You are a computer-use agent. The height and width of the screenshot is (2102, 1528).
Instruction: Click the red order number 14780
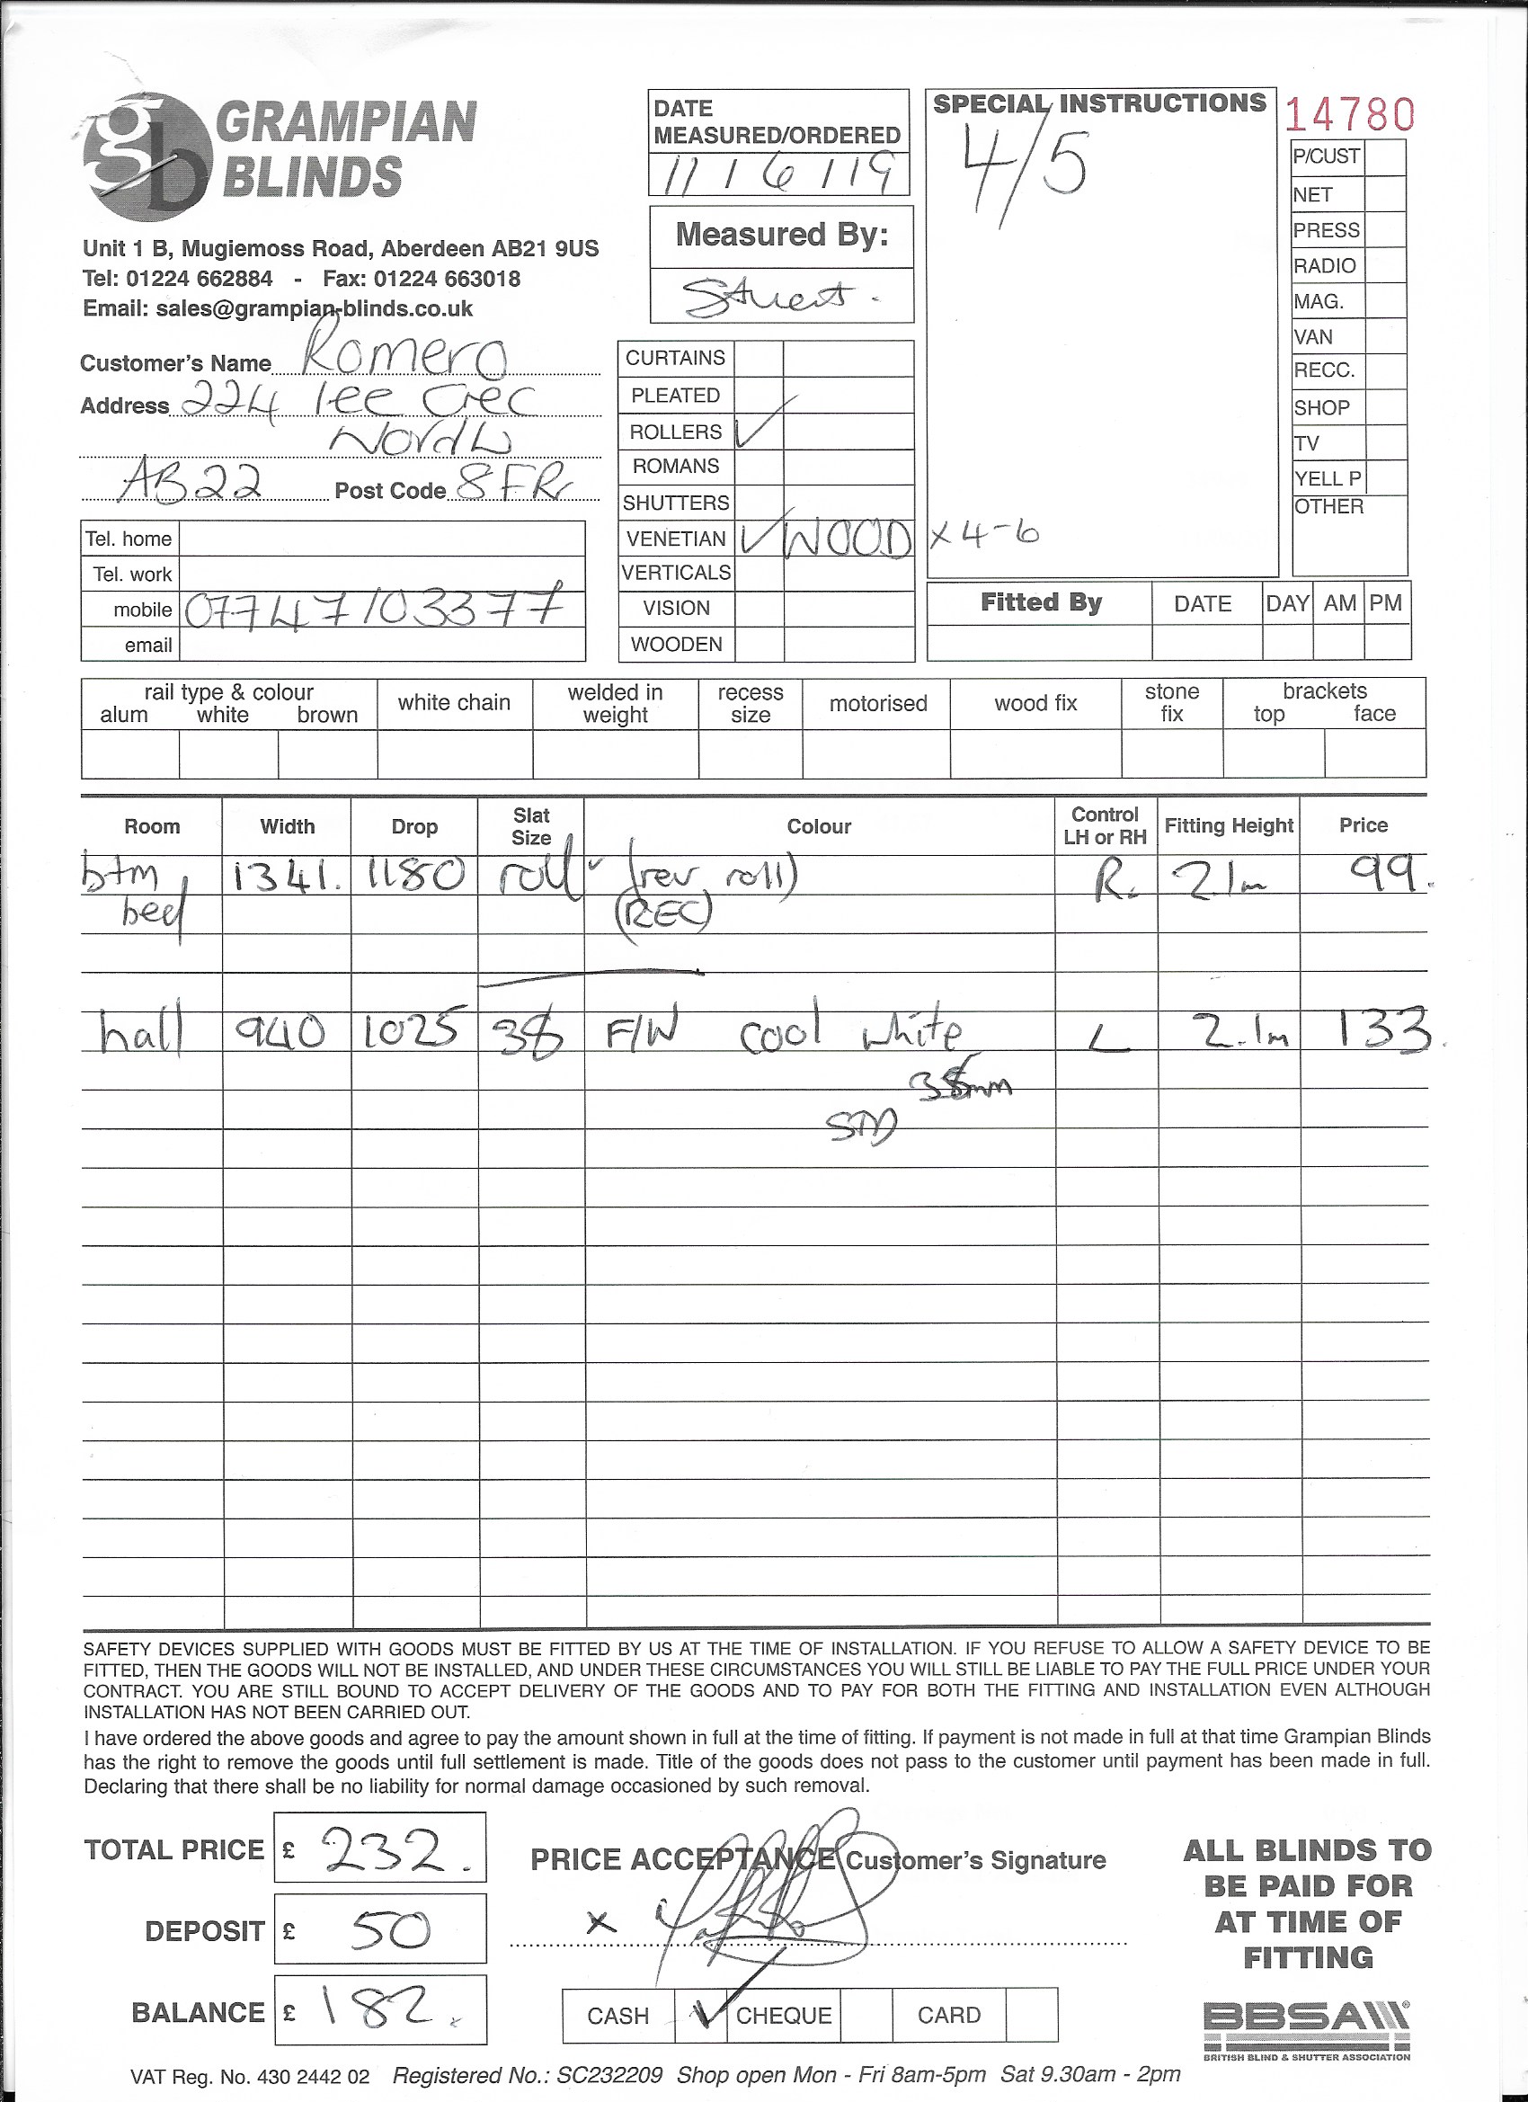1349,115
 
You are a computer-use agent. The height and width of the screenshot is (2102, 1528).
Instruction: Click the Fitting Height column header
1228,825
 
